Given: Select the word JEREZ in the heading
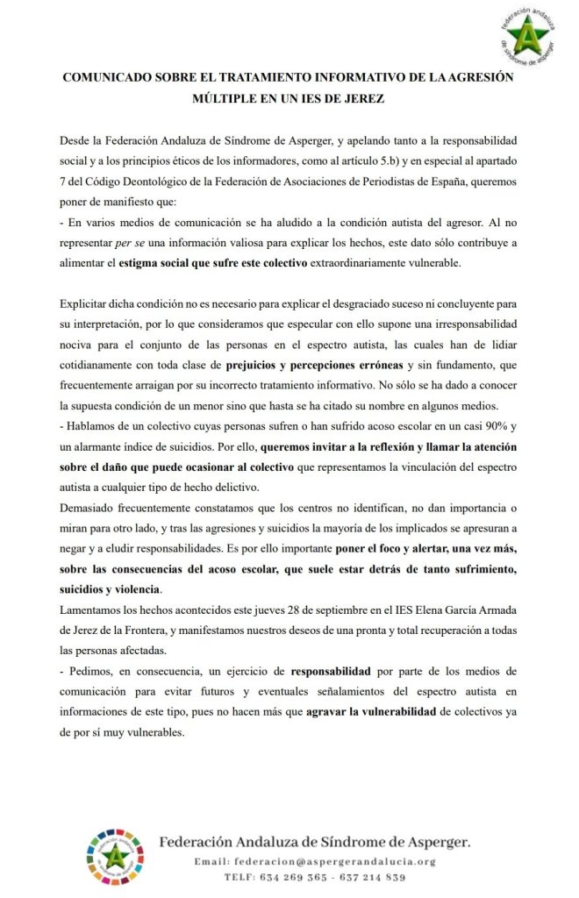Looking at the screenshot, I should point(361,99).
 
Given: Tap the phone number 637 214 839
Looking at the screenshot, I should point(372,877).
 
